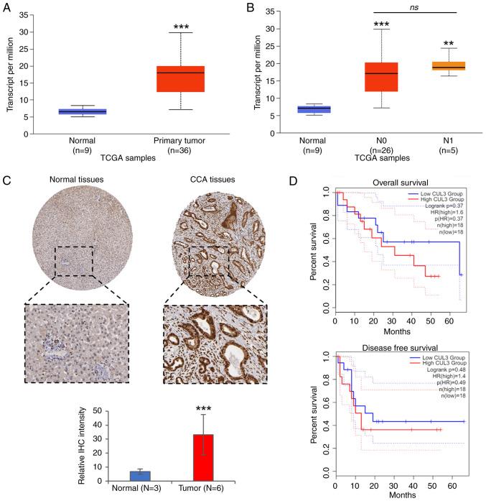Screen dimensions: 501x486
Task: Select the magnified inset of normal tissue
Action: [75, 344]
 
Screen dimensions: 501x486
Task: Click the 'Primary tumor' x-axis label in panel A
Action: [171, 144]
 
